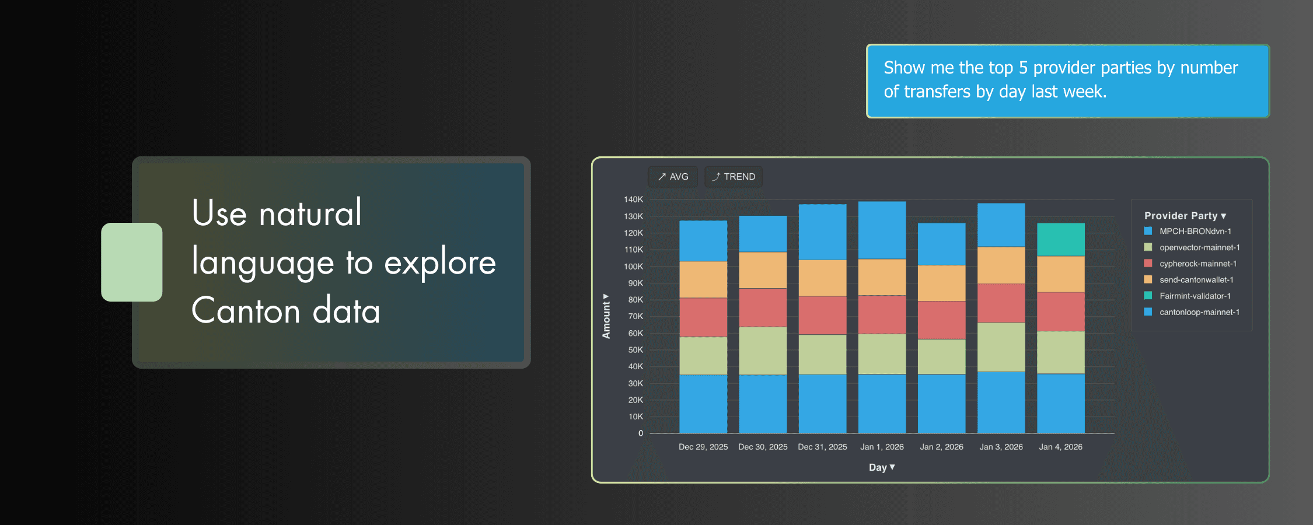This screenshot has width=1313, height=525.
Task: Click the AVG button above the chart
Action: [673, 177]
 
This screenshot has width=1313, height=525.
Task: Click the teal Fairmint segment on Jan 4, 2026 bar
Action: [1060, 239]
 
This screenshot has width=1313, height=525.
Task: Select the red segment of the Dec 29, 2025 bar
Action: [703, 317]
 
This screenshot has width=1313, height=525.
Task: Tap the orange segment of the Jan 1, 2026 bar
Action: [882, 277]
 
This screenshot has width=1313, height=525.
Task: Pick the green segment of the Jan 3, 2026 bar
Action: [1001, 347]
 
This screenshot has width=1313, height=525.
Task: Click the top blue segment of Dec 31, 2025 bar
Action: [822, 232]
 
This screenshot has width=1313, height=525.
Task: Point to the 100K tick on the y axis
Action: [633, 267]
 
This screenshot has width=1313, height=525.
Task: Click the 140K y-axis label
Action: [633, 199]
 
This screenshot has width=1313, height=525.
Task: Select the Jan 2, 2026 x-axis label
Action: [941, 447]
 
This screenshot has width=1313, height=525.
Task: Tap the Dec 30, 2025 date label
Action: [763, 447]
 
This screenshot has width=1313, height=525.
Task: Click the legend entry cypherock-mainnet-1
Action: [1197, 264]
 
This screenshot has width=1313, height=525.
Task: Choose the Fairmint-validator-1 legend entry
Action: [1195, 296]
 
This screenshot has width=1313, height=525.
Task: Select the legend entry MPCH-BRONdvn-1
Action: [1195, 232]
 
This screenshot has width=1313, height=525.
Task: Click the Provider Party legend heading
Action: [1185, 216]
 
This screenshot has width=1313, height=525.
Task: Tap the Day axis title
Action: [881, 467]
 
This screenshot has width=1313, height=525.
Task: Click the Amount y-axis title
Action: [606, 316]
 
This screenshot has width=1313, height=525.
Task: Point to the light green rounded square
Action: [131, 262]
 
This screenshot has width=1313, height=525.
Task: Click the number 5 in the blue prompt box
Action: [1023, 68]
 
